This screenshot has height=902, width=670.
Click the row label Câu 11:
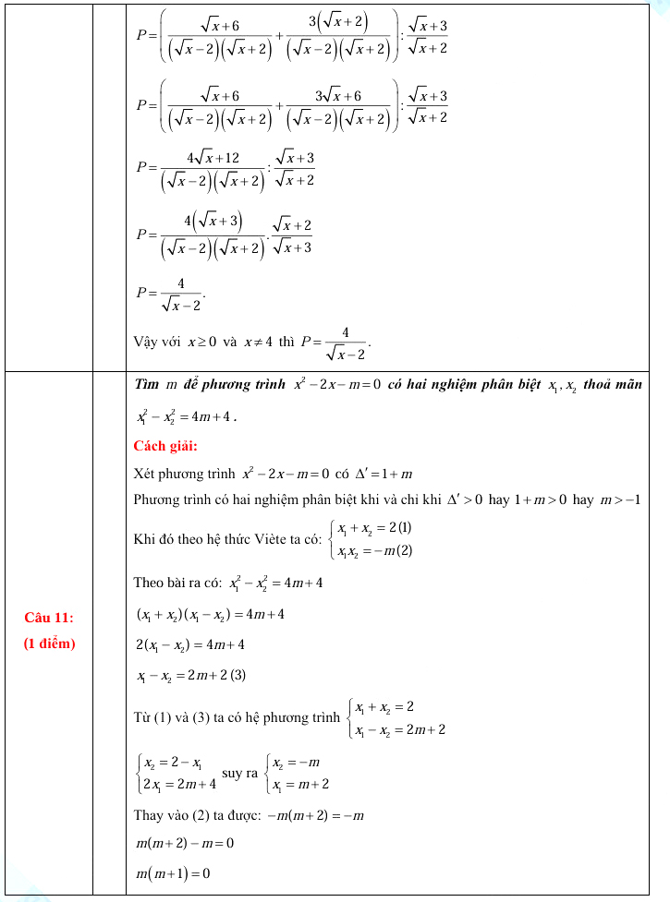pos(49,618)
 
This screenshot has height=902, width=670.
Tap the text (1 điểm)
pos(49,643)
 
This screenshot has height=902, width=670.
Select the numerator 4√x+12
pos(213,158)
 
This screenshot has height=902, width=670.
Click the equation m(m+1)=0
pos(173,873)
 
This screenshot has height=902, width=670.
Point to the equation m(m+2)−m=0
pos(184,843)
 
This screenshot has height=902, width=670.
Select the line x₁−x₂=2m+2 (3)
pos(191,676)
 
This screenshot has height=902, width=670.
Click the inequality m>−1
pos(621,499)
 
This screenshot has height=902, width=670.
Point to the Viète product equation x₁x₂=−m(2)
pos(374,551)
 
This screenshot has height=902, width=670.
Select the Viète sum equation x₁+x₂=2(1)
pos(374,529)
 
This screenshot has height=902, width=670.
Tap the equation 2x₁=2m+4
pos(179,785)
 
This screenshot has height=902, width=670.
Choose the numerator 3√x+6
pos(337,96)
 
